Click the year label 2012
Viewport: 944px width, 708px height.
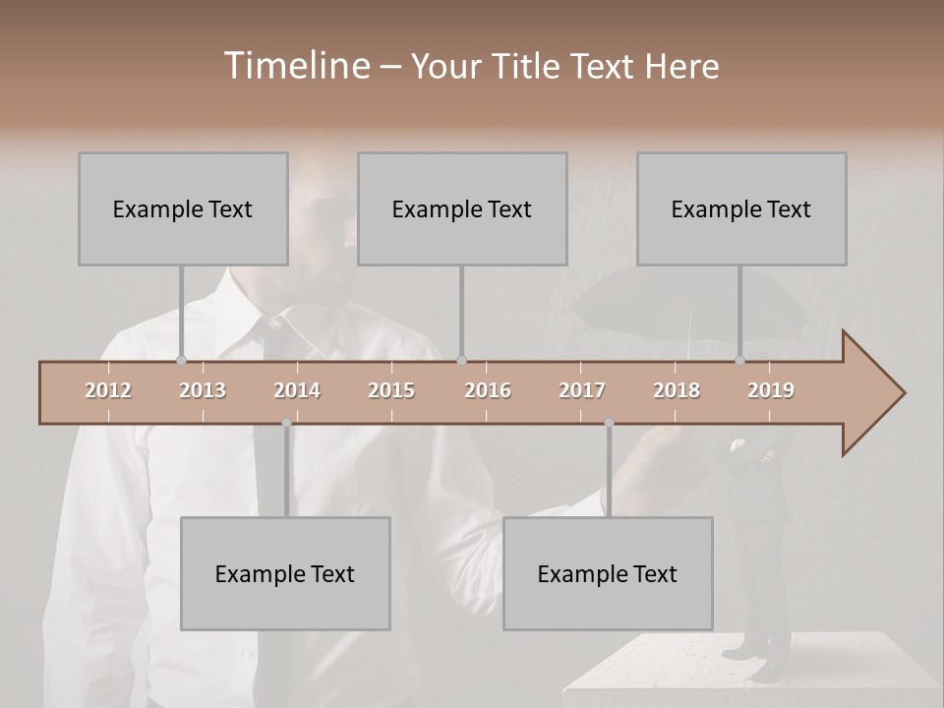point(108,390)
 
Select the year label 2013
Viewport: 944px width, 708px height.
point(203,390)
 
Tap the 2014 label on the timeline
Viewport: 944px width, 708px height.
point(297,390)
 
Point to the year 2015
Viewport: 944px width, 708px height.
point(391,390)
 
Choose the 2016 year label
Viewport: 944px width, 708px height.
point(488,390)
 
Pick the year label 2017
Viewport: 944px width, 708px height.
point(582,390)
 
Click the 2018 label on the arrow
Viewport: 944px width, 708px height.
point(677,390)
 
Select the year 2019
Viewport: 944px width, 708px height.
point(771,390)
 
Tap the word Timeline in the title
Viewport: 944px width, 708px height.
point(294,66)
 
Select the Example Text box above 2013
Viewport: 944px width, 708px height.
point(183,208)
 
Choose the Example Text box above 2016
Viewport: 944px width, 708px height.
point(462,208)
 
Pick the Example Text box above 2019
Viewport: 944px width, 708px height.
point(741,208)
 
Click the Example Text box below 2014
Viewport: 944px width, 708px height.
point(285,573)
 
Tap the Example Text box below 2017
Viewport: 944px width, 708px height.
point(608,573)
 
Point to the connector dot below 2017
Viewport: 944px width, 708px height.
point(609,423)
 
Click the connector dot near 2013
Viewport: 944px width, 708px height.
point(181,361)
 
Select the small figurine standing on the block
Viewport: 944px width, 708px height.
point(752,551)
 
